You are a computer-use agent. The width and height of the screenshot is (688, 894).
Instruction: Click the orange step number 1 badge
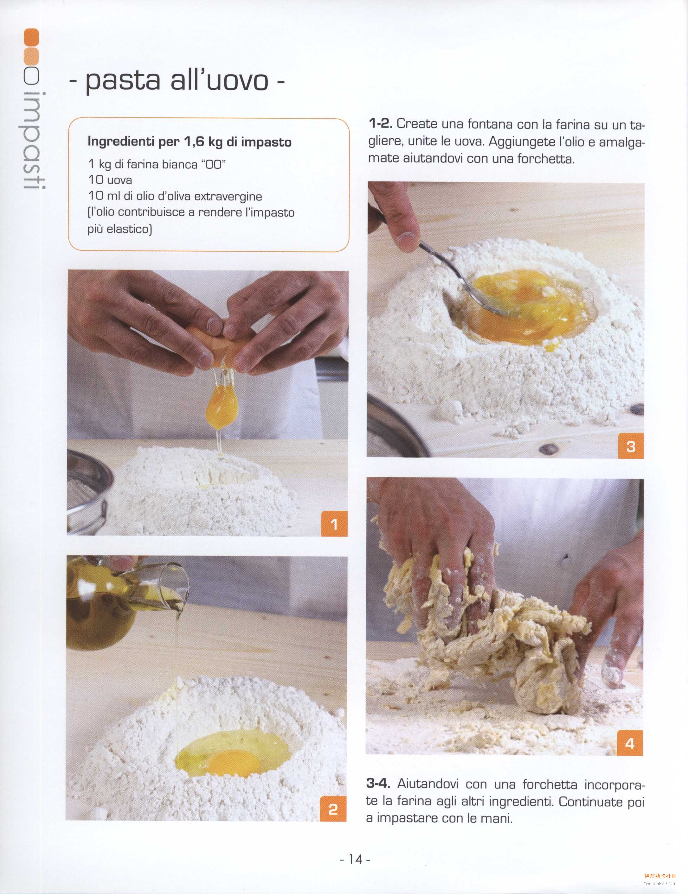coord(334,523)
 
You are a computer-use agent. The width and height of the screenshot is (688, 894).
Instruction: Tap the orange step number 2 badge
coord(333,809)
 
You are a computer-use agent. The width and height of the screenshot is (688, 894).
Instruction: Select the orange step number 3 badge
coord(631,446)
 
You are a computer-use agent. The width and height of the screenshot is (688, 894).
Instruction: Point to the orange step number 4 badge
coord(630,743)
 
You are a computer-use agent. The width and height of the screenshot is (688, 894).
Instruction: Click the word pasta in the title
coord(123,81)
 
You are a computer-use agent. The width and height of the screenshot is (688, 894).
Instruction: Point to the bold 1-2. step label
coord(381,123)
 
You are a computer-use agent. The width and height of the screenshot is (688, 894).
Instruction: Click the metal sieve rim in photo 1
coord(88,491)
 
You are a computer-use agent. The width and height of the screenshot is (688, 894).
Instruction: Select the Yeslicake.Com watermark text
coord(660,883)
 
